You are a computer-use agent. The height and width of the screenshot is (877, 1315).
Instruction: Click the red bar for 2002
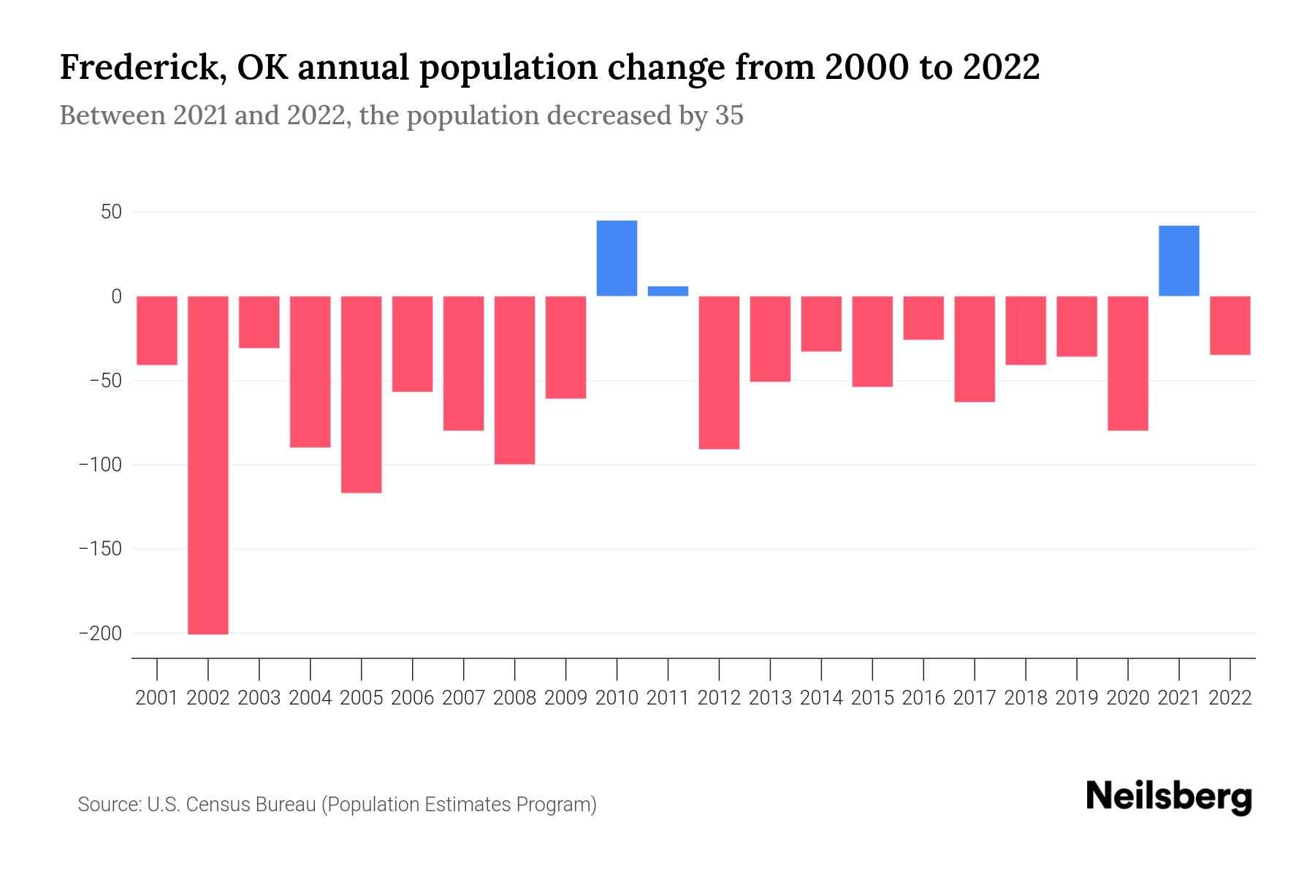coord(208,465)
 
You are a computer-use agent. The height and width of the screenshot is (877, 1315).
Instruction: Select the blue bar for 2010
coord(617,258)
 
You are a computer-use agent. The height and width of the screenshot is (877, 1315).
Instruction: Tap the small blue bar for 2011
coord(668,291)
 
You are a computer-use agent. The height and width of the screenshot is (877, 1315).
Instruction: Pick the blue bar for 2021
coord(1178,261)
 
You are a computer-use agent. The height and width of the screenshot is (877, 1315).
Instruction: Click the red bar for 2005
coord(362,395)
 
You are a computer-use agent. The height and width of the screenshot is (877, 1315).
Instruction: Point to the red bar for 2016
coord(923,318)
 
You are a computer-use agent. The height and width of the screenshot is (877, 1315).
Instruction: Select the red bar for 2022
coord(1230,325)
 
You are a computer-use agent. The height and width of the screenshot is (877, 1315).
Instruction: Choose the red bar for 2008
coord(515,380)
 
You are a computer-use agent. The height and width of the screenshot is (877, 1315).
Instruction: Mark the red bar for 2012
coord(719,373)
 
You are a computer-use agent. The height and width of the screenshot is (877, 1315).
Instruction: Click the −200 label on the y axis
coord(100,634)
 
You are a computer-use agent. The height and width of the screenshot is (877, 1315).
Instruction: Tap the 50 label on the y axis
coord(111,213)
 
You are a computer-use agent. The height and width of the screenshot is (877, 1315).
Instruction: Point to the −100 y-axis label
coord(100,465)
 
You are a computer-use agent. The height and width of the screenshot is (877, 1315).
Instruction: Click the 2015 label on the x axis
coord(872,698)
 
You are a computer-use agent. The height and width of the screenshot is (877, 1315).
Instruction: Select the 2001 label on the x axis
coord(157,698)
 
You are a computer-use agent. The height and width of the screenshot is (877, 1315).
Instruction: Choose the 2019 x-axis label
coord(1077,698)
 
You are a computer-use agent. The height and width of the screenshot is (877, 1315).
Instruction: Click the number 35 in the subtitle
coord(729,115)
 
